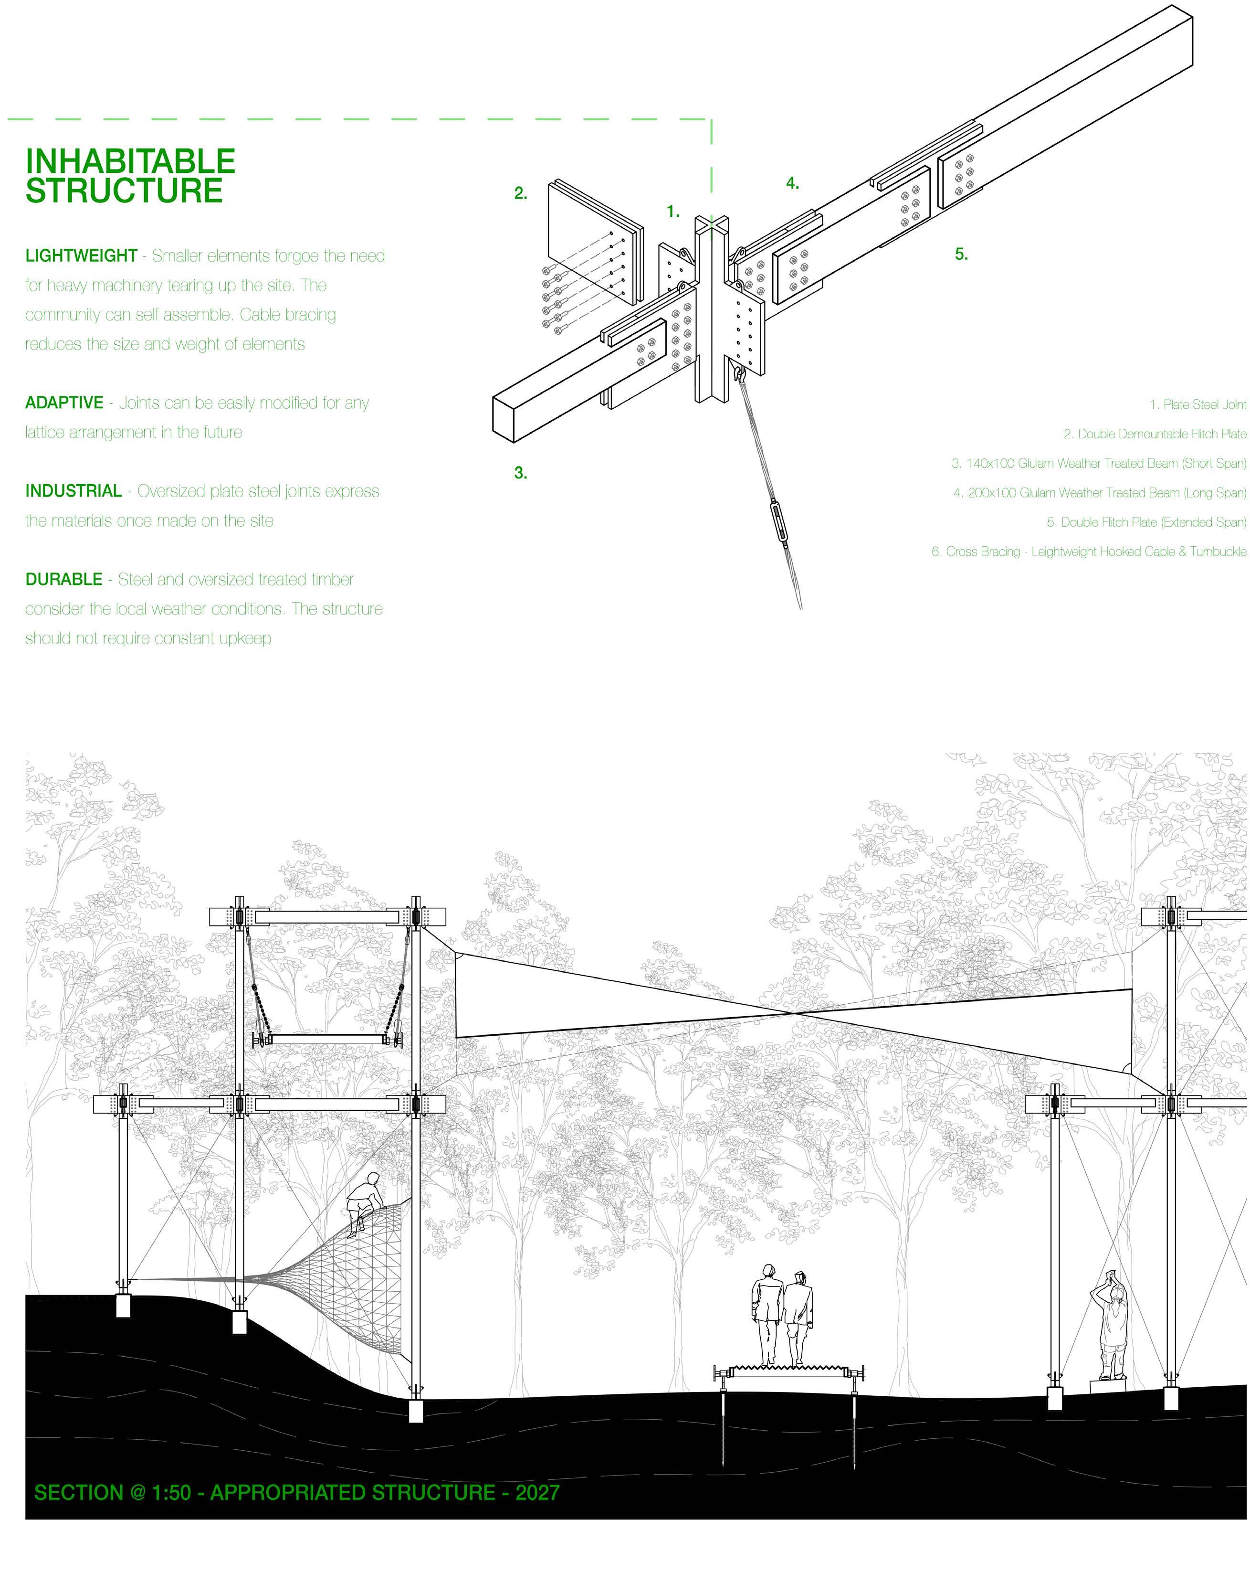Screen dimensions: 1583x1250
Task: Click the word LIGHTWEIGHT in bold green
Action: click(x=81, y=256)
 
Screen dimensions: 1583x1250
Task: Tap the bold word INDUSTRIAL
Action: click(x=73, y=491)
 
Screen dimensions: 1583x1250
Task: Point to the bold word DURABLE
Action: click(x=63, y=580)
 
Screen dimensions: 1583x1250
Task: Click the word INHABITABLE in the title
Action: click(x=130, y=161)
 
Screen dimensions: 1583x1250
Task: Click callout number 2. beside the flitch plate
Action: click(x=520, y=194)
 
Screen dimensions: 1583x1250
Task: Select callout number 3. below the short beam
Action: click(x=520, y=474)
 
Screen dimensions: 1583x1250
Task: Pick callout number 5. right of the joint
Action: click(x=961, y=255)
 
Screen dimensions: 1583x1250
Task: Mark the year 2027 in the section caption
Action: click(x=537, y=1492)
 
